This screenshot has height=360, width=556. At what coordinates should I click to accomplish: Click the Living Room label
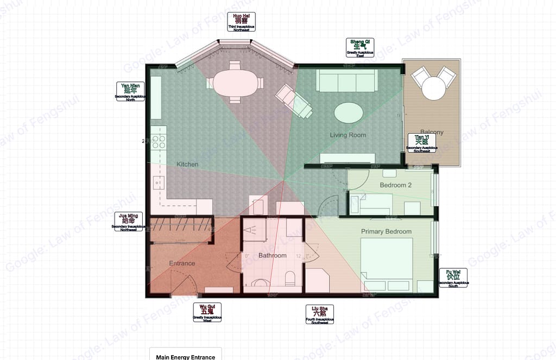click(x=348, y=135)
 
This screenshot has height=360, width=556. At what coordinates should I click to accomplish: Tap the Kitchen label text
click(x=187, y=164)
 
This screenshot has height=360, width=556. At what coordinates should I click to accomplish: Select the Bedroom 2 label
click(x=395, y=185)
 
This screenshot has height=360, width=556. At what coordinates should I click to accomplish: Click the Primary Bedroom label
click(x=386, y=231)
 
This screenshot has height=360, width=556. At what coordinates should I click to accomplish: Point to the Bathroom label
click(x=272, y=255)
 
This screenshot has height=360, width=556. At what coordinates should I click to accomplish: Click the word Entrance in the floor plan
click(x=182, y=263)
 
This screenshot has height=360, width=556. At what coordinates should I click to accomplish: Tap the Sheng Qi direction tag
click(x=360, y=47)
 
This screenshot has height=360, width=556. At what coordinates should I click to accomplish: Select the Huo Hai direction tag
click(x=242, y=21)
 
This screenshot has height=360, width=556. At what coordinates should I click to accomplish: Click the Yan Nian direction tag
click(x=130, y=91)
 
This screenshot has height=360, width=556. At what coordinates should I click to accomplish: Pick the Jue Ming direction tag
click(x=129, y=222)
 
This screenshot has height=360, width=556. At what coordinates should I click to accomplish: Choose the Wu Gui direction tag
click(x=207, y=313)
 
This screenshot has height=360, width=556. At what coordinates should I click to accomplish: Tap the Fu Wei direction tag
click(x=453, y=277)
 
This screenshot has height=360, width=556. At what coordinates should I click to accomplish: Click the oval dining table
click(x=234, y=83)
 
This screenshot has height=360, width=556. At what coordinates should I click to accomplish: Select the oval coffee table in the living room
click(x=348, y=113)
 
